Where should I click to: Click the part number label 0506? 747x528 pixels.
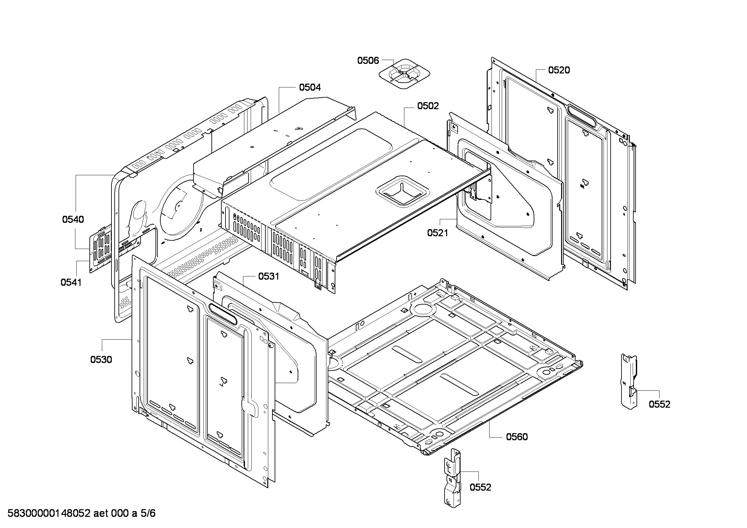tap(368, 60)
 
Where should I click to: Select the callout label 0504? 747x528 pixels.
tap(310, 87)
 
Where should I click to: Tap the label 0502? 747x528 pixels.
tap(428, 106)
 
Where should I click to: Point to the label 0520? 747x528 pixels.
tap(559, 70)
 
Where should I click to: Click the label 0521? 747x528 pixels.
tap(438, 233)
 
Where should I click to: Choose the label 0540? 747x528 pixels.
tap(73, 219)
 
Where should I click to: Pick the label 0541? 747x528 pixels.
tap(71, 282)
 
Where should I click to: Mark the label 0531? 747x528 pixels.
tap(269, 276)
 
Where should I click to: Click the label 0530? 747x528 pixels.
tap(101, 359)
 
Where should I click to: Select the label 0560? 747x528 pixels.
tap(517, 437)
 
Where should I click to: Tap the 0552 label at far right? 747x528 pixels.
tap(659, 404)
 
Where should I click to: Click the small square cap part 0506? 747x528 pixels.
tap(404, 74)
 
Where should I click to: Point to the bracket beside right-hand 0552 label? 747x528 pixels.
tap(629, 381)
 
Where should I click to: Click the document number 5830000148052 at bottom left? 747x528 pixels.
tap(49, 513)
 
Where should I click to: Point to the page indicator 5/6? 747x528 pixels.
tap(148, 513)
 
